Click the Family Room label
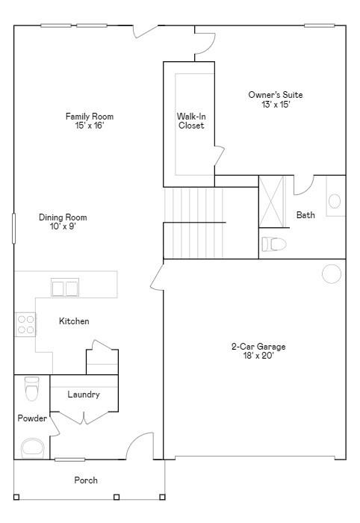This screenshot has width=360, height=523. point(90,121)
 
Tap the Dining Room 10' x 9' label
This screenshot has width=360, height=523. point(63,222)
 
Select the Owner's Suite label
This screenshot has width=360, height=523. point(276,99)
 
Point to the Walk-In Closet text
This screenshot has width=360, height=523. point(191,121)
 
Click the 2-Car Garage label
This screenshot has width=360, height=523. point(258,351)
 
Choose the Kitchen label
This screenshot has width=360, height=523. point(74,321)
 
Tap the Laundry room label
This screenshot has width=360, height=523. point(84,394)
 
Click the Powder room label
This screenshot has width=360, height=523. point(32,418)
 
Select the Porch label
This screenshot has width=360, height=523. point(86,480)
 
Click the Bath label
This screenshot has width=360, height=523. point(305,215)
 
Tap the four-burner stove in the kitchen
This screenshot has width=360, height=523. point(25,324)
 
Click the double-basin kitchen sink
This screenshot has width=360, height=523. point(65,288)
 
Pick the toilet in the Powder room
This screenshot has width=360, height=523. point(32,389)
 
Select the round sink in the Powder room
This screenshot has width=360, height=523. point(33,448)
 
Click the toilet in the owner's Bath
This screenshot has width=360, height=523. point(274,244)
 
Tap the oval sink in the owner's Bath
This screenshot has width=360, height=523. point(335,202)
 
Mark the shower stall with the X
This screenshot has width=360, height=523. point(273,202)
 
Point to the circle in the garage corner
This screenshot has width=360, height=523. point(332,274)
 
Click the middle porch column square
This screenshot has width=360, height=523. point(117,497)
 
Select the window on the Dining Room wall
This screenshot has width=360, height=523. point(13,229)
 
